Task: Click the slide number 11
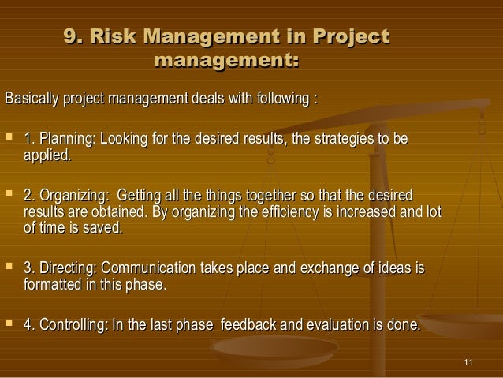[x=470, y=362]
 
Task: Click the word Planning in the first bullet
[x=68, y=140]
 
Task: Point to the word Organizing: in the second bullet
[x=74, y=195]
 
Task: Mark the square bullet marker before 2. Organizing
[x=9, y=195]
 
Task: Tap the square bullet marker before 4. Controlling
[x=9, y=325]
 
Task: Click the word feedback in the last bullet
[x=249, y=325]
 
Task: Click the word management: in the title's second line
[x=228, y=59]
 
